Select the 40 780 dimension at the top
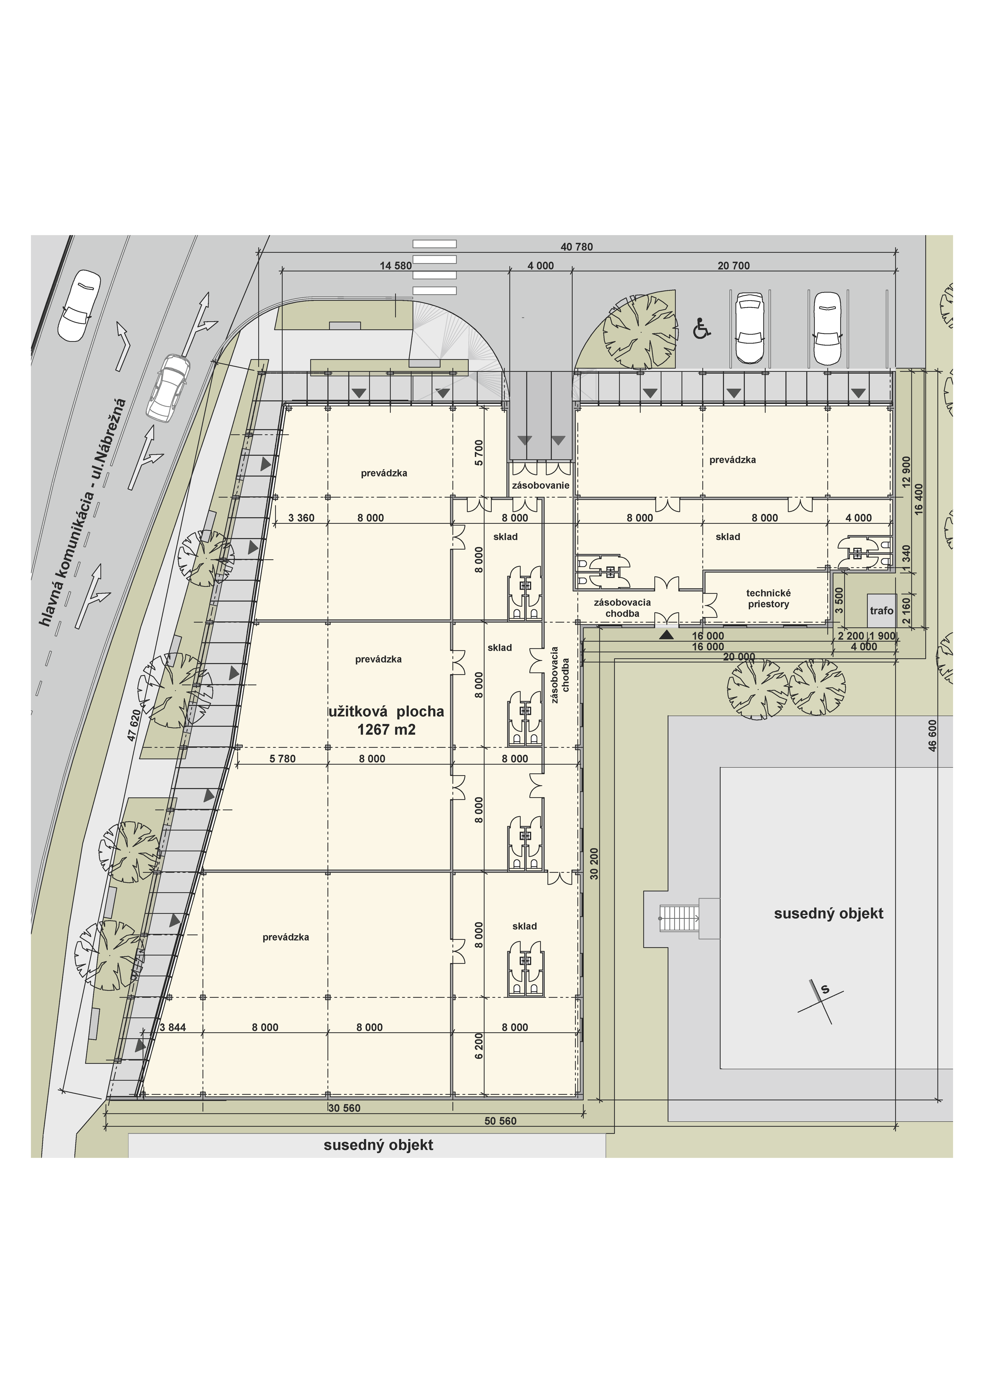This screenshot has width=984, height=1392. [x=577, y=247]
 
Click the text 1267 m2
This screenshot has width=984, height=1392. [x=386, y=729]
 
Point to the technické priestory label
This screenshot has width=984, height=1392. [x=768, y=598]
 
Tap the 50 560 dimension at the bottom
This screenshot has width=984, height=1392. [x=500, y=1121]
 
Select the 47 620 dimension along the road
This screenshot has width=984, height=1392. [x=134, y=726]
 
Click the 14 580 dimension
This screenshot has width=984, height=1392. [x=395, y=265]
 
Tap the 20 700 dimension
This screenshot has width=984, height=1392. [x=734, y=265]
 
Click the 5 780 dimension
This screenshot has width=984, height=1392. [x=282, y=758]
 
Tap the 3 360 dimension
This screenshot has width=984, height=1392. [x=301, y=518]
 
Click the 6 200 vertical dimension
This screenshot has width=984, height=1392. [x=479, y=1046]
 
